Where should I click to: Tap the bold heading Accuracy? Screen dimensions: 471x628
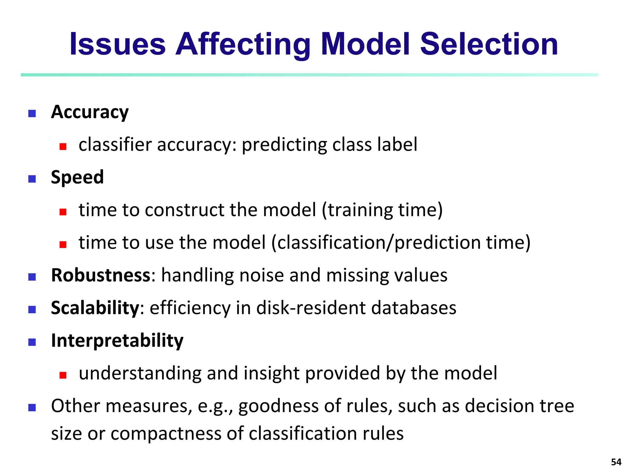pyautogui.click(x=90, y=112)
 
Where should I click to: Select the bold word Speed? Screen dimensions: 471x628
pyautogui.click(x=77, y=178)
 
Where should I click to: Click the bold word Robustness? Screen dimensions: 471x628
pyautogui.click(x=101, y=275)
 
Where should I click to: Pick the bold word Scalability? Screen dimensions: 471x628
pyautogui.click(x=95, y=308)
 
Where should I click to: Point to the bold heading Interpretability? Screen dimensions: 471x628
pyautogui.click(x=117, y=341)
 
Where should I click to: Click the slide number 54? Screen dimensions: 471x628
pyautogui.click(x=616, y=462)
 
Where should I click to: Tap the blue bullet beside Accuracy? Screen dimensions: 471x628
pyautogui.click(x=32, y=114)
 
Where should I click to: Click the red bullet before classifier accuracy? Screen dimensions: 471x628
pyautogui.click(x=63, y=147)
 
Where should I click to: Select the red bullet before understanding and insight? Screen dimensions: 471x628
pyautogui.click(x=63, y=375)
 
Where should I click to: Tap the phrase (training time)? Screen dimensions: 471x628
pyautogui.click(x=382, y=210)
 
